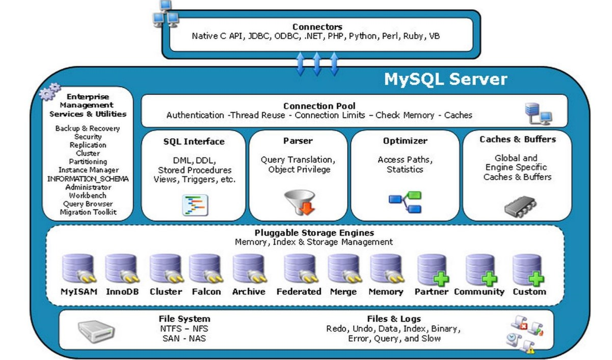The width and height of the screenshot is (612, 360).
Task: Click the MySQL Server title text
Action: click(x=445, y=79)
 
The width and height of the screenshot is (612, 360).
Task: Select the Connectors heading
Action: click(x=317, y=27)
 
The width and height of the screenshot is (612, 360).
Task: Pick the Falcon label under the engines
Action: click(x=206, y=292)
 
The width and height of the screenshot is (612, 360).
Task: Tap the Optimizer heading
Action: click(x=405, y=141)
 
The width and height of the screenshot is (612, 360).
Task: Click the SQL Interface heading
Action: click(x=194, y=142)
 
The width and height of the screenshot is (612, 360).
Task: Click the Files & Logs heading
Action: click(x=394, y=319)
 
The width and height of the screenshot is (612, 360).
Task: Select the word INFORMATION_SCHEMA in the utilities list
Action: click(x=88, y=179)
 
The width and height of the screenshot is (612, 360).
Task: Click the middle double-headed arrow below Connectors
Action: click(x=316, y=64)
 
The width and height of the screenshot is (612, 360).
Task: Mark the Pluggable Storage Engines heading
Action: click(x=314, y=233)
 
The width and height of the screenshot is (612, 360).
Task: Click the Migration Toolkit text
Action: click(x=88, y=212)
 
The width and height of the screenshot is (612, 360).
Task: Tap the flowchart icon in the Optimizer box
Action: click(x=405, y=202)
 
